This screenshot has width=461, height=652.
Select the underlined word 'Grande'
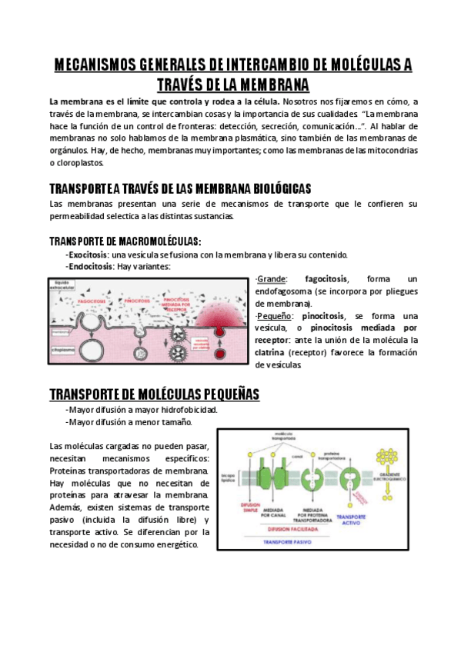pyautogui.click(x=271, y=278)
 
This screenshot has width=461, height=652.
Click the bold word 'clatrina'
pyautogui.click(x=271, y=353)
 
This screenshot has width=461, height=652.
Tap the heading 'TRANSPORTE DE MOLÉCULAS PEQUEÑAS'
pyautogui.click(x=154, y=394)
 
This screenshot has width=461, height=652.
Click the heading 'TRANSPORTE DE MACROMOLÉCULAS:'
pyautogui.click(x=125, y=241)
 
